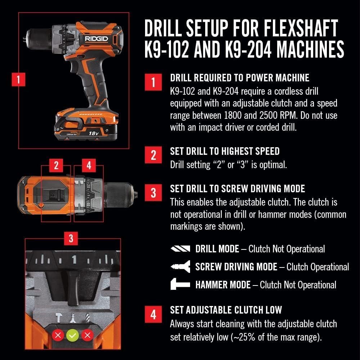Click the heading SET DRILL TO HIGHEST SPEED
[225, 151]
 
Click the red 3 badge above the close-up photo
[71, 239]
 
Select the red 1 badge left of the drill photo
[19, 80]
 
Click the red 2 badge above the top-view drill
[56, 166]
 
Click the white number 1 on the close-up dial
[74, 260]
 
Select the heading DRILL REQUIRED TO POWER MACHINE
[239, 77]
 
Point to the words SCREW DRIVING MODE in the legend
[236, 267]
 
